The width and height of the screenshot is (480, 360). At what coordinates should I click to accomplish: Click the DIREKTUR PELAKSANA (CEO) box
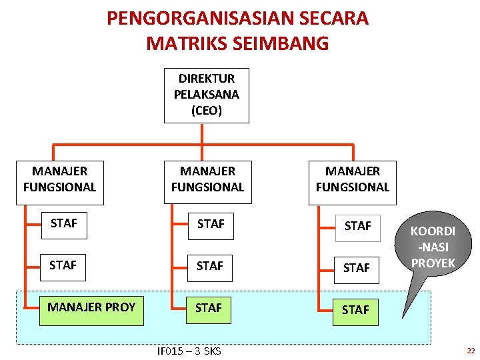(207, 95)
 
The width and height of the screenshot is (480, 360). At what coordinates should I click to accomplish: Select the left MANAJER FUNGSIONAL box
(59, 179)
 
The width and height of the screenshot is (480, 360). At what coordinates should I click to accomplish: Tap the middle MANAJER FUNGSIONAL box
(207, 179)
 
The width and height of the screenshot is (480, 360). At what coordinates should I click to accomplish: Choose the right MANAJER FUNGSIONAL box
(353, 179)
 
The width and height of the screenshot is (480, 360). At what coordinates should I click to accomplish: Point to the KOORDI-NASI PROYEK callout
(433, 247)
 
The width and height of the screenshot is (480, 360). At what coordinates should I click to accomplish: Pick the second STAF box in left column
(63, 265)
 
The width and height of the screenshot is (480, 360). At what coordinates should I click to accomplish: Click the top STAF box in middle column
(211, 224)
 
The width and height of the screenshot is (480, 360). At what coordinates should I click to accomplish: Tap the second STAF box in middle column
(209, 266)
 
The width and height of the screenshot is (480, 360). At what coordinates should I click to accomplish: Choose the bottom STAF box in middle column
(208, 307)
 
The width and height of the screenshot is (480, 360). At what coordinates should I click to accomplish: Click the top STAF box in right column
(357, 227)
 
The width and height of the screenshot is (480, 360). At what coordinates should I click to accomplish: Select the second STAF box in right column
(356, 268)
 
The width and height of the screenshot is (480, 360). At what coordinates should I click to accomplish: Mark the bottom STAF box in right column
(355, 310)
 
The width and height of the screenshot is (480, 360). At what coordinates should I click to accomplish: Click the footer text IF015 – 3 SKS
(189, 351)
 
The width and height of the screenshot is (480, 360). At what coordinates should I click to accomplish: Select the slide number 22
(471, 351)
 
